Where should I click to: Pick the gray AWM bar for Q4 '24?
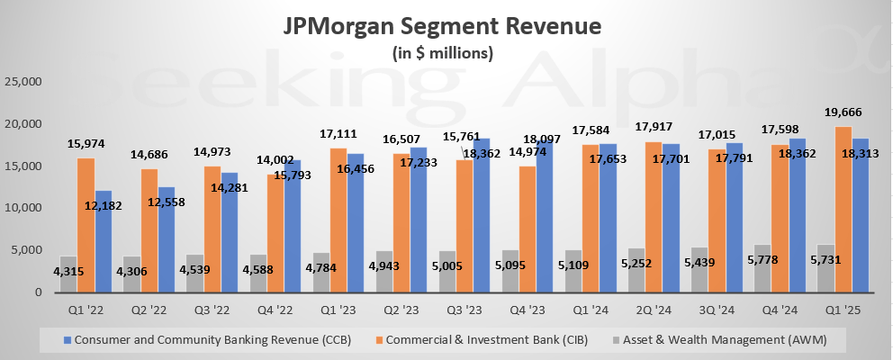tap(762, 268)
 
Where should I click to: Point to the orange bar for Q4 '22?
tap(275, 233)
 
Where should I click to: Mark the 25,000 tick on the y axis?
tap(23, 81)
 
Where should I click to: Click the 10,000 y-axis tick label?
tap(23, 208)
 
